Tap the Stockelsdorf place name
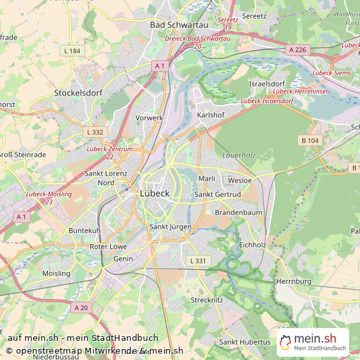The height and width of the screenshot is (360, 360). coord(79,93)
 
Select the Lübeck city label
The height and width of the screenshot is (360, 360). coord(154,193)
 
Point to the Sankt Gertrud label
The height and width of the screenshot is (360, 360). coord(218,194)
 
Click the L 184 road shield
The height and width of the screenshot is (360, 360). coord(72,51)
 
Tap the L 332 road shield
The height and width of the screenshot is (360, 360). coord(94,132)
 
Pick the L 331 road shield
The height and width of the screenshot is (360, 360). coord(197,261)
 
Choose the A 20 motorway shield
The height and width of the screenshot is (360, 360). coord(81,307)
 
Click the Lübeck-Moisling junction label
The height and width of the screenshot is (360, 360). coord(49,197)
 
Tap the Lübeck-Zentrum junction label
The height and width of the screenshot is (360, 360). coord(109,152)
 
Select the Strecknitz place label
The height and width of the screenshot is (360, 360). coord(206,300)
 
